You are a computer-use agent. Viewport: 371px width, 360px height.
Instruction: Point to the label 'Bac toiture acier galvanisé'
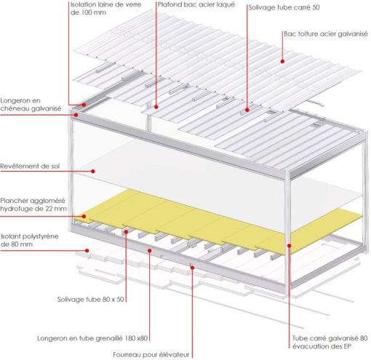pos(324,33)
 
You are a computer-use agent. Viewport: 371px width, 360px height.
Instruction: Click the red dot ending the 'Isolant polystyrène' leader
pos(88,251)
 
